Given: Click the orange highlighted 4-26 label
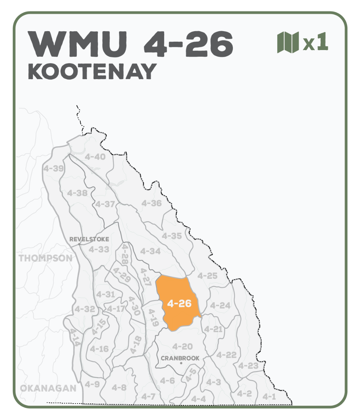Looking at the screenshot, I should tap(179, 303).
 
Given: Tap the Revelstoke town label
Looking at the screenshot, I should tap(89, 239).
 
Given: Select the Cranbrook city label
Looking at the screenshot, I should tap(180, 358).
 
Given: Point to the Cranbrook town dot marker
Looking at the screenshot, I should tap(181, 364).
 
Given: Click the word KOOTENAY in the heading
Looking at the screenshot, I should tap(92, 71).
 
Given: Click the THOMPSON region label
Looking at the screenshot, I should tap(46, 258).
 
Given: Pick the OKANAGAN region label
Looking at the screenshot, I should tap(48, 388).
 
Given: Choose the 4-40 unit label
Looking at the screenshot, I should tap(95, 157).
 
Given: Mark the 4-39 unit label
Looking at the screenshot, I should tap(54, 168).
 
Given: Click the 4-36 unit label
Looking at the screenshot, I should tap(151, 203).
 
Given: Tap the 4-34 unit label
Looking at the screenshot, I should tap(150, 251).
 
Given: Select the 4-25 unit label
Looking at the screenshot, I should tap(207, 276).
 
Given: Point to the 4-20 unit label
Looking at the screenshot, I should tap(182, 346).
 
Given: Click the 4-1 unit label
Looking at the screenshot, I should tap(269, 397).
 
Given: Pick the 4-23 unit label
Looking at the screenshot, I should tap(248, 366).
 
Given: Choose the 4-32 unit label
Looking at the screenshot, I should tap(84, 309).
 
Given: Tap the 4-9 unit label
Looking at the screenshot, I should tap(92, 384).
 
